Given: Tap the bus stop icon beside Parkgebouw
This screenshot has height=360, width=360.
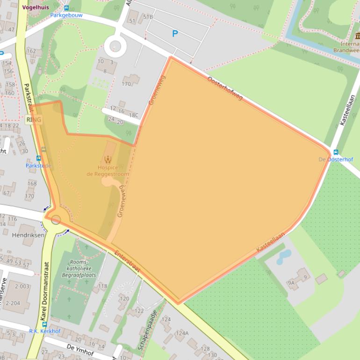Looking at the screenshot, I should pos(66,7).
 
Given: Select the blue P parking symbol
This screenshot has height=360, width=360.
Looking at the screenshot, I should pos(175,34).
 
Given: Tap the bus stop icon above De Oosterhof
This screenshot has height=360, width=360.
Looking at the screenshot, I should pos(335,152).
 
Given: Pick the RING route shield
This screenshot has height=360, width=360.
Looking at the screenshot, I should pos(34,120).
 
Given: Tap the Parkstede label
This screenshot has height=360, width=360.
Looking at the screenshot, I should pos(38,166).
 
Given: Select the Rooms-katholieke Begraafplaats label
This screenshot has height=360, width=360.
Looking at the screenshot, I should pos(82,268).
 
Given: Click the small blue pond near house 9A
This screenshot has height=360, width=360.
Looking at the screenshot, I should pos(283,255).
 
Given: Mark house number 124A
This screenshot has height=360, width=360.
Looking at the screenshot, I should pos(182,333).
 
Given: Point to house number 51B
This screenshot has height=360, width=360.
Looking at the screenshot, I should pos(148,17).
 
